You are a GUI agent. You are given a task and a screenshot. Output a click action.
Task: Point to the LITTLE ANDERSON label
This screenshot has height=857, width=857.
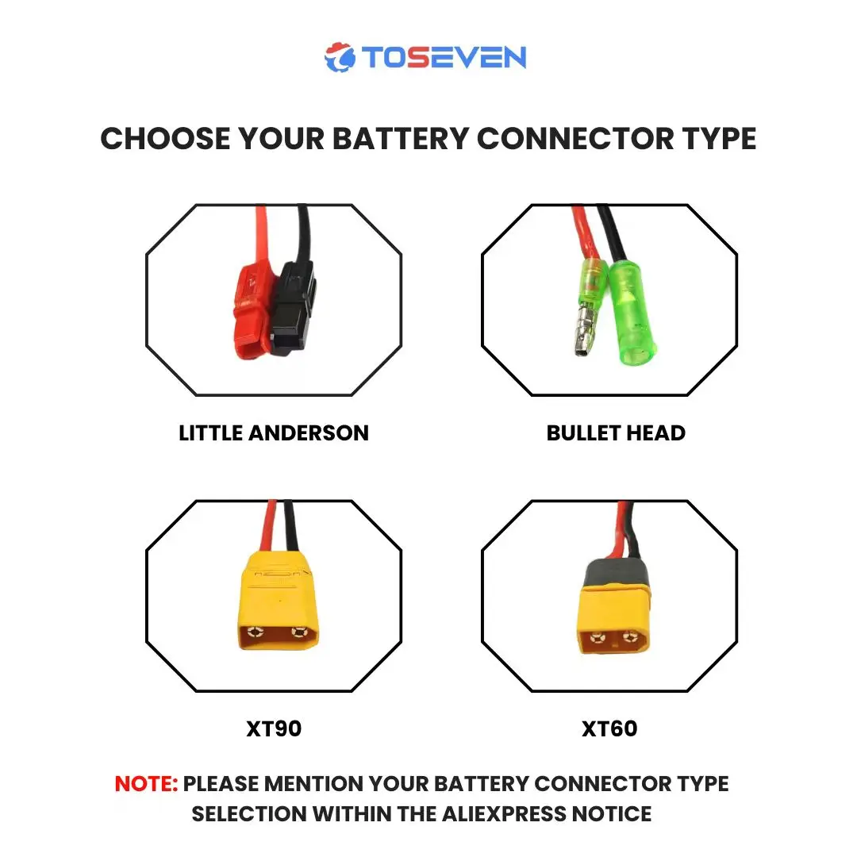click(274, 433)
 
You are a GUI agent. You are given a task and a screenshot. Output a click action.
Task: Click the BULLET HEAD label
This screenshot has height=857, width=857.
click(616, 433)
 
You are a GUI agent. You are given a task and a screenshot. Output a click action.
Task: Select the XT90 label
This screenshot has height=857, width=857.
click(274, 729)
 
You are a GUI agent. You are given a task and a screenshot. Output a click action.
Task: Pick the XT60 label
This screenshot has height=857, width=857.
click(609, 729)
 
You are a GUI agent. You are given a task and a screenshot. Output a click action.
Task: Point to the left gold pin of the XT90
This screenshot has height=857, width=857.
click(256, 633)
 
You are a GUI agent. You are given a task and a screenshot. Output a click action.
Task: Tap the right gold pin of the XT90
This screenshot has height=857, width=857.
click(298, 633)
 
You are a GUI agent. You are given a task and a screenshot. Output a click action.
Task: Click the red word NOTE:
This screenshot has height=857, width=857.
click(146, 784)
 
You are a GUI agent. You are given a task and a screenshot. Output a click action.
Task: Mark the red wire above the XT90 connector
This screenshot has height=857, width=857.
click(271, 524)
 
